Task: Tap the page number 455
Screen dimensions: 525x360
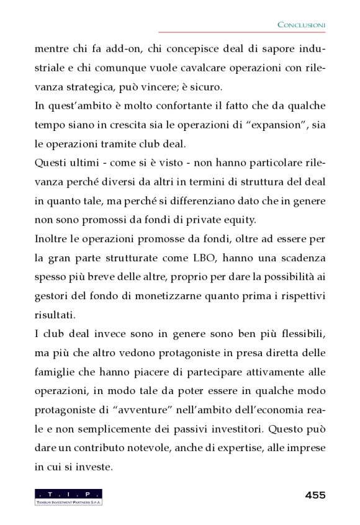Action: [315, 495]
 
